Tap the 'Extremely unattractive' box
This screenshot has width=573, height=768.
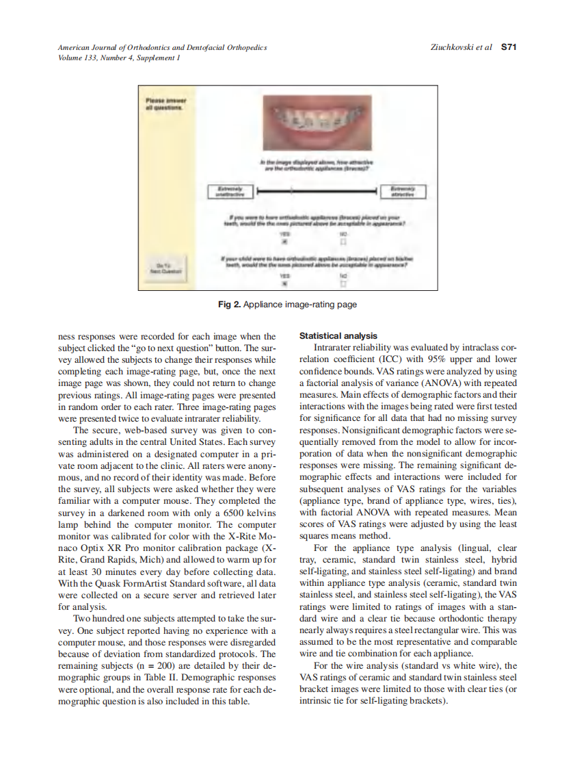tap(229, 191)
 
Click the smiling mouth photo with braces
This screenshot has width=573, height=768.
tap(315, 120)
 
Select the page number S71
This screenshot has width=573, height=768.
tap(508, 48)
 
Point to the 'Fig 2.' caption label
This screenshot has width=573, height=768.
tap(228, 305)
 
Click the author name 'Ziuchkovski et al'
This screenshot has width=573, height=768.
tap(462, 48)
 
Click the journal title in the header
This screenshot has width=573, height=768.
tap(162, 48)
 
